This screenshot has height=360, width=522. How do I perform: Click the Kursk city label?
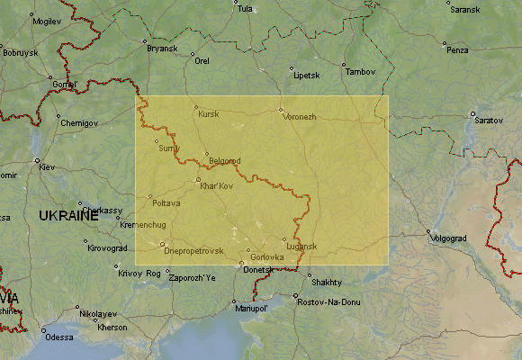click(x=208, y=114)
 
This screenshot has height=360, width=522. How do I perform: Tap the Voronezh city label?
click(x=300, y=117)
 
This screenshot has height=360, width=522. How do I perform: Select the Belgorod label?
click(x=225, y=161)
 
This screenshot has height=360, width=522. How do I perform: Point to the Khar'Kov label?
click(x=216, y=185)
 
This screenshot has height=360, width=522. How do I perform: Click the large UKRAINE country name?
click(x=68, y=215)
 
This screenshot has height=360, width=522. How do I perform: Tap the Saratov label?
click(x=489, y=120)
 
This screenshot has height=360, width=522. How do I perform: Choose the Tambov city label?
click(x=360, y=71)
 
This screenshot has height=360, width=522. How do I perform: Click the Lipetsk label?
click(x=306, y=76)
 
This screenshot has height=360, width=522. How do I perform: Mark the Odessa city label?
click(x=59, y=337)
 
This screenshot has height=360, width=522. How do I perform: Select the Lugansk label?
click(x=302, y=246)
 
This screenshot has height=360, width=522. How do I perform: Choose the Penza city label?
click(x=458, y=50)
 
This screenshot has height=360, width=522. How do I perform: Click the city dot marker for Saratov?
click(x=472, y=113)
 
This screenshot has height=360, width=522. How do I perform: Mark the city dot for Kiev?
click(x=38, y=162)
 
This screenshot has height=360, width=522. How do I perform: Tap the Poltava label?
click(x=166, y=202)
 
